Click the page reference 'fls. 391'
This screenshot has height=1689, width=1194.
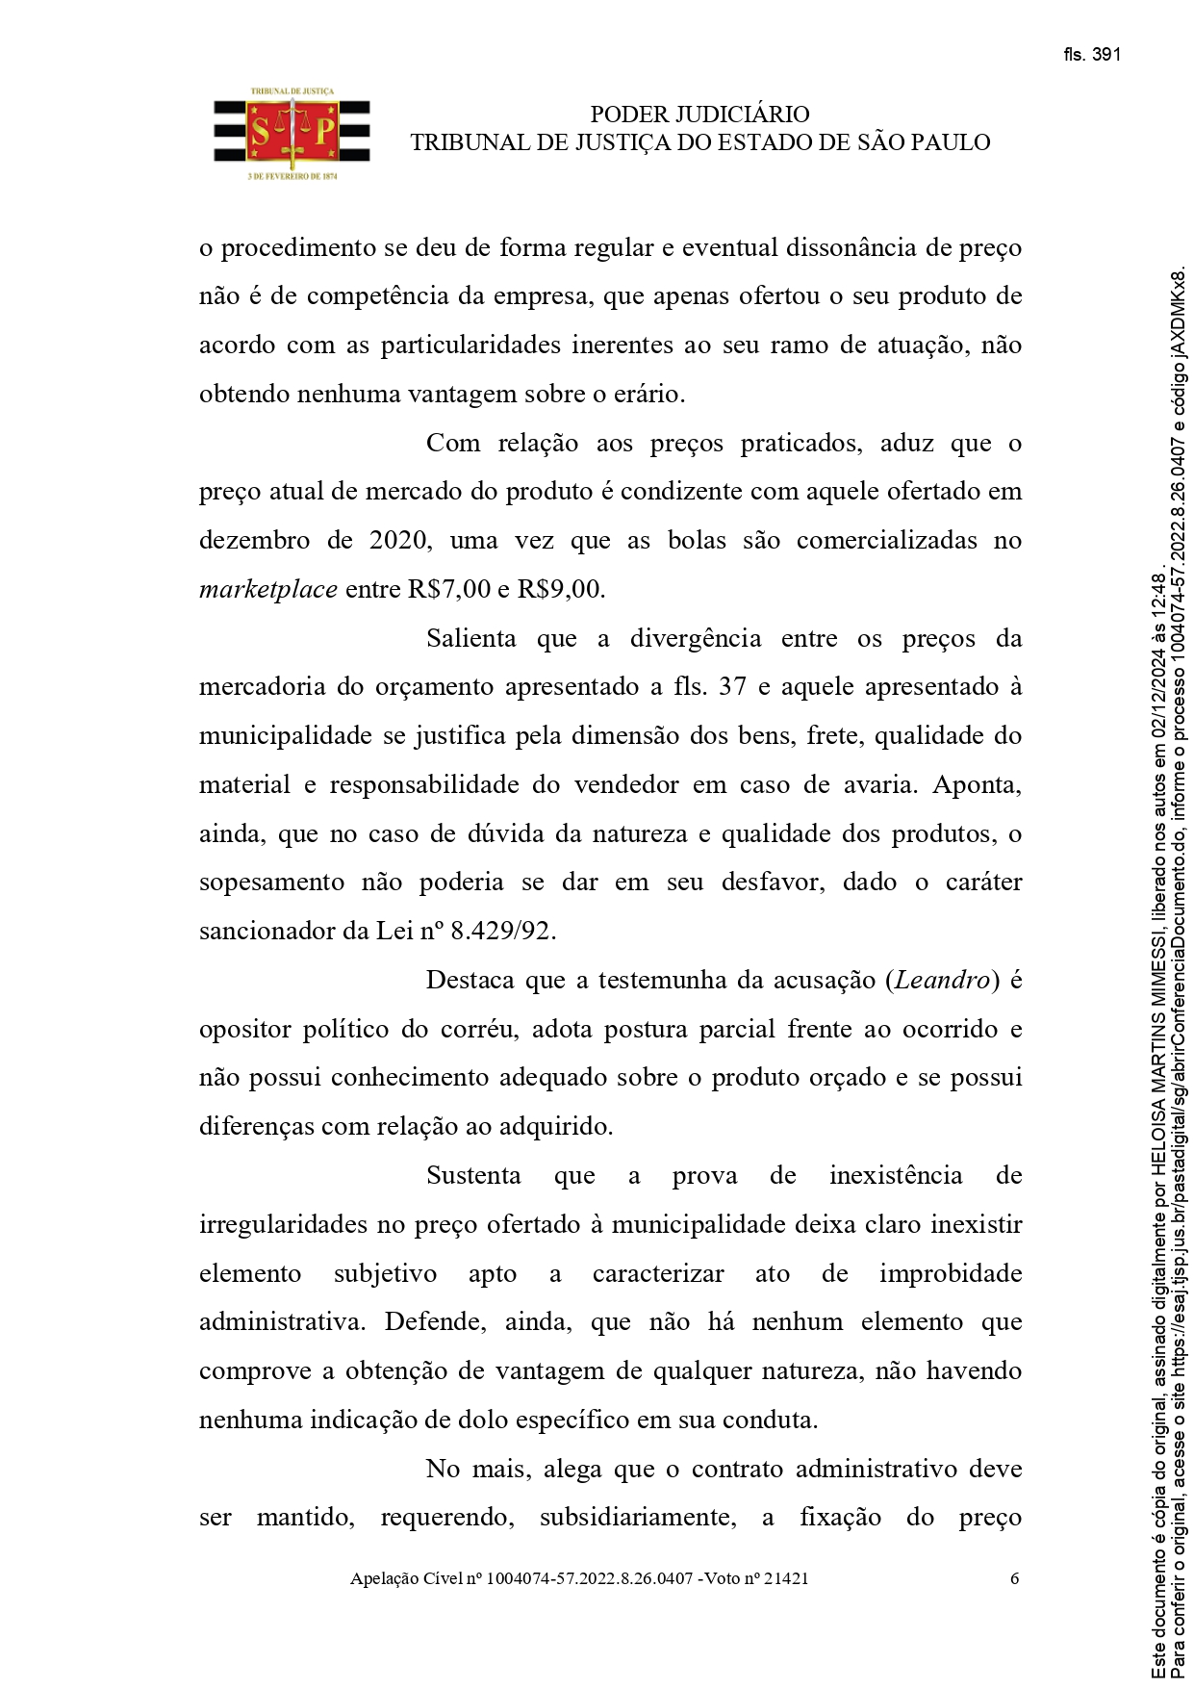pos(1092,55)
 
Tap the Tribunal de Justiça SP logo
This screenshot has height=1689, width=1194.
pos(292,136)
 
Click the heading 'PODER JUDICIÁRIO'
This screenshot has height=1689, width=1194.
pos(699,115)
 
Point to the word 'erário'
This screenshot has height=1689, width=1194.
pos(650,395)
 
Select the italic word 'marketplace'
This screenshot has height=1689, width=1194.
pos(267,590)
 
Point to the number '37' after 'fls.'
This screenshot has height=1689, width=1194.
pos(732,687)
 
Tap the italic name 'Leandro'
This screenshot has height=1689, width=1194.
pos(942,981)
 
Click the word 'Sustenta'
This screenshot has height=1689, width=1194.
pos(473,1176)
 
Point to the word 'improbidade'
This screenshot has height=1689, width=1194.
pos(950,1274)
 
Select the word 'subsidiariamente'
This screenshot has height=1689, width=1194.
pos(636,1518)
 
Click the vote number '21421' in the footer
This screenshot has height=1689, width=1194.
pos(786,1578)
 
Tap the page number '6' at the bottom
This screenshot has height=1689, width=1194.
pos(1014,1578)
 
